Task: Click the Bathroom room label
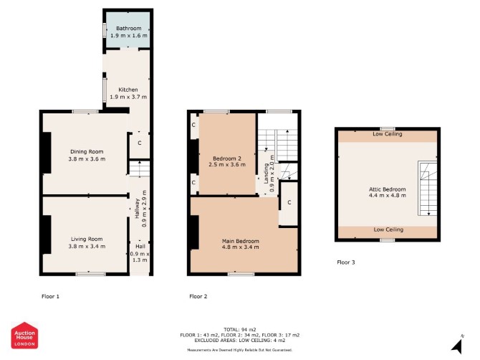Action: [x=128, y=28]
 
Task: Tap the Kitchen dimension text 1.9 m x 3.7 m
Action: [x=128, y=97]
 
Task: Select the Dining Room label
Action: [x=87, y=151]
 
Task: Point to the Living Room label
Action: [x=87, y=239]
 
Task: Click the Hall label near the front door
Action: [x=140, y=246]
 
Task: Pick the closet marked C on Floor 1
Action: [x=139, y=143]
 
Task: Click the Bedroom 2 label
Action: [x=227, y=158]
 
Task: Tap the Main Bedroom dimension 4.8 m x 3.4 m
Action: [x=240, y=247]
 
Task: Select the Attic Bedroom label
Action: [x=388, y=189]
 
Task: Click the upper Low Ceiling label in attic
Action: [x=388, y=134]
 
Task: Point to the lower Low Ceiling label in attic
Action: [x=388, y=229]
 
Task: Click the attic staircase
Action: [x=428, y=189]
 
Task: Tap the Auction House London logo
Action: [x=24, y=335]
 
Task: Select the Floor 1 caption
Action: [x=51, y=296]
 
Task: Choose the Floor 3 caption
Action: [x=346, y=262]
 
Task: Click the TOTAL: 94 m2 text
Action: [x=240, y=330]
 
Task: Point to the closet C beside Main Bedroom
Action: [x=289, y=203]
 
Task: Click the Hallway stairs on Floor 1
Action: [x=139, y=169]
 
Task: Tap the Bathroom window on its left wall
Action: [x=105, y=30]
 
